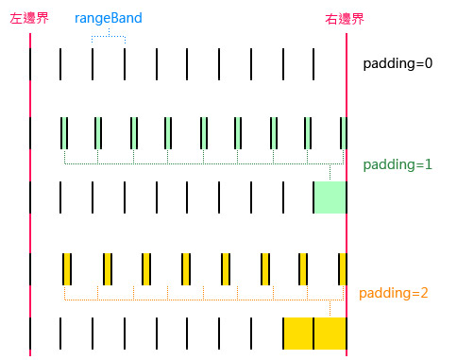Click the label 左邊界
pos(30,18)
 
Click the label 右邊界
pos(345,18)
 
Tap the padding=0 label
pos(398,64)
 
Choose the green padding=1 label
pos(398,163)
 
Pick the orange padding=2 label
pos(395,293)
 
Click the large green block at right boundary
pos(330,197)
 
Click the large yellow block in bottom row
pos(314,333)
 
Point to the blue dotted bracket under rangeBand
pos(109,36)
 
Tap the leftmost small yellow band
pos(67,267)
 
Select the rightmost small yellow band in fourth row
pos(342,267)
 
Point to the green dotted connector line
pos(189,163)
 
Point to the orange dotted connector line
pos(189,300)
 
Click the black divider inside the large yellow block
pos(313,333)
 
